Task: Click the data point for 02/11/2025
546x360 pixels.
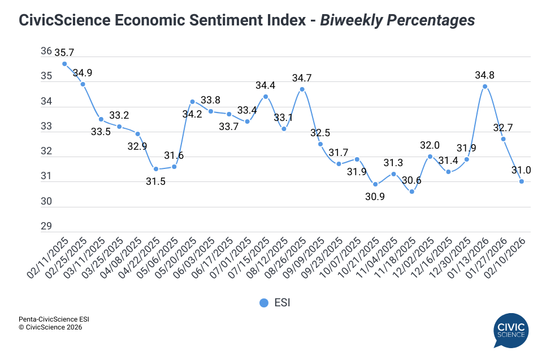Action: tap(64, 64)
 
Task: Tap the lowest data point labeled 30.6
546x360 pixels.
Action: tap(411, 192)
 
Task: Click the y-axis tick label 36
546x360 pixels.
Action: tap(46, 51)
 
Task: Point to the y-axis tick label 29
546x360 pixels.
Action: tap(46, 227)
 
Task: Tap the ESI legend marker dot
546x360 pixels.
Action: tap(263, 303)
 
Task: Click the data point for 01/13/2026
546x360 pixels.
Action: tap(485, 86)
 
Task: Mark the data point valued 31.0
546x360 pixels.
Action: tap(521, 181)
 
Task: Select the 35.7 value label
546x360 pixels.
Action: tap(65, 52)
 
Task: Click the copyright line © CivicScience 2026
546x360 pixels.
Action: tap(50, 327)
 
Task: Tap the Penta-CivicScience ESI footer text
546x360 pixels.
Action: tap(54, 319)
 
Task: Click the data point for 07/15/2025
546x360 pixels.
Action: tap(266, 96)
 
